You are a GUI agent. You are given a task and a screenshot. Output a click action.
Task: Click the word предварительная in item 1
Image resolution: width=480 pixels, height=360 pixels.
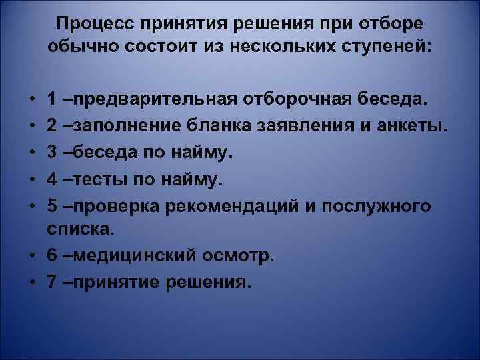pyautogui.click(x=151, y=100)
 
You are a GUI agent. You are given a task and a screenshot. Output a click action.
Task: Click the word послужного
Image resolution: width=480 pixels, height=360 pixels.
pyautogui.click(x=377, y=206)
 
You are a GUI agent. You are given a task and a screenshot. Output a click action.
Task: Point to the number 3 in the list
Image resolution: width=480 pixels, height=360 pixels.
pyautogui.click(x=52, y=153)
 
